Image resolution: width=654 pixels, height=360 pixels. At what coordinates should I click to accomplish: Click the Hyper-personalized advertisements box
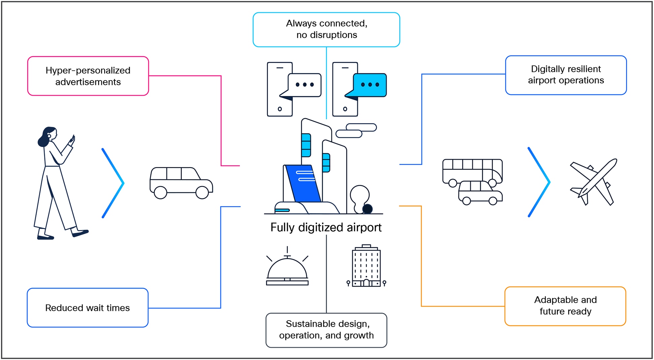[x=88, y=76]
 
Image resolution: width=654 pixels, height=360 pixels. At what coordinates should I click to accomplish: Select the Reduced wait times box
[x=88, y=308]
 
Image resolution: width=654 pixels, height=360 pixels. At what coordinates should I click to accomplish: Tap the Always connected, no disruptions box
[x=326, y=30]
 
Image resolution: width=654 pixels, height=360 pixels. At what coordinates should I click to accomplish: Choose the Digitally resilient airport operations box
[x=566, y=75]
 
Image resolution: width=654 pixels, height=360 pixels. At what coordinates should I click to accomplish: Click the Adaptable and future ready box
[x=565, y=306]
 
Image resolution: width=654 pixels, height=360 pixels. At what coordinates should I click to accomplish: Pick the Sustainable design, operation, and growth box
[x=326, y=330]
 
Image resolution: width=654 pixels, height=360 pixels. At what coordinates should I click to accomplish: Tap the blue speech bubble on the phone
[x=370, y=85]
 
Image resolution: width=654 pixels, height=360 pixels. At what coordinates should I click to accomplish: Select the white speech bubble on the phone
[x=305, y=85]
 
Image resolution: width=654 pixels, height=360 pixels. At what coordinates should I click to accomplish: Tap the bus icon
[x=472, y=170]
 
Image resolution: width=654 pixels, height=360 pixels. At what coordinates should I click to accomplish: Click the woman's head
[x=48, y=135]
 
